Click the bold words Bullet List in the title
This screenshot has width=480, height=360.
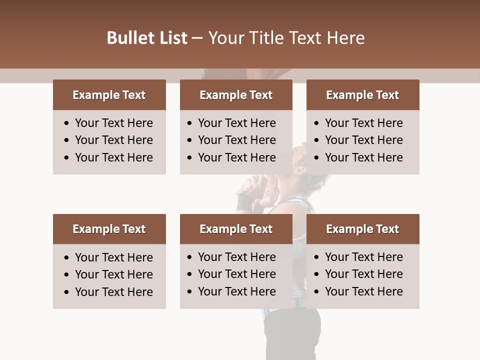(147, 38)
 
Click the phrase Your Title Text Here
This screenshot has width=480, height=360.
(286, 38)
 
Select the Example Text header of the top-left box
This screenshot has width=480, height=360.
(109, 95)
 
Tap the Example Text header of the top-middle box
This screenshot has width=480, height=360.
(236, 95)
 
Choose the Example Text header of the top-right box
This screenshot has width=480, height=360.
(362, 95)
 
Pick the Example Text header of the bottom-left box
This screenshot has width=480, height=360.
(109, 229)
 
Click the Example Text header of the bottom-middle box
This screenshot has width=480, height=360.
(236, 229)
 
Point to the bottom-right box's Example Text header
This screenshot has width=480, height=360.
(362, 229)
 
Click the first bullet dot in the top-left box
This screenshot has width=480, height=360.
(67, 123)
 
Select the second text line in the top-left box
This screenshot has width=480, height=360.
(113, 140)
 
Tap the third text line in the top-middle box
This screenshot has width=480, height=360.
(236, 157)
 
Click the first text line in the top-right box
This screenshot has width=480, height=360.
(363, 123)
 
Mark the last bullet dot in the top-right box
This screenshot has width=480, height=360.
(316, 158)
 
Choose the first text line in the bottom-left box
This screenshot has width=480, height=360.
(113, 257)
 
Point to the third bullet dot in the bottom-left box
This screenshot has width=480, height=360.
(67, 292)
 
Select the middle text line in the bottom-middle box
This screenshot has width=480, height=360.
(236, 274)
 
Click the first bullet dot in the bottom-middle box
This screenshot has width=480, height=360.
(190, 257)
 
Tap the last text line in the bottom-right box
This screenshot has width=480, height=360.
(363, 291)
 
